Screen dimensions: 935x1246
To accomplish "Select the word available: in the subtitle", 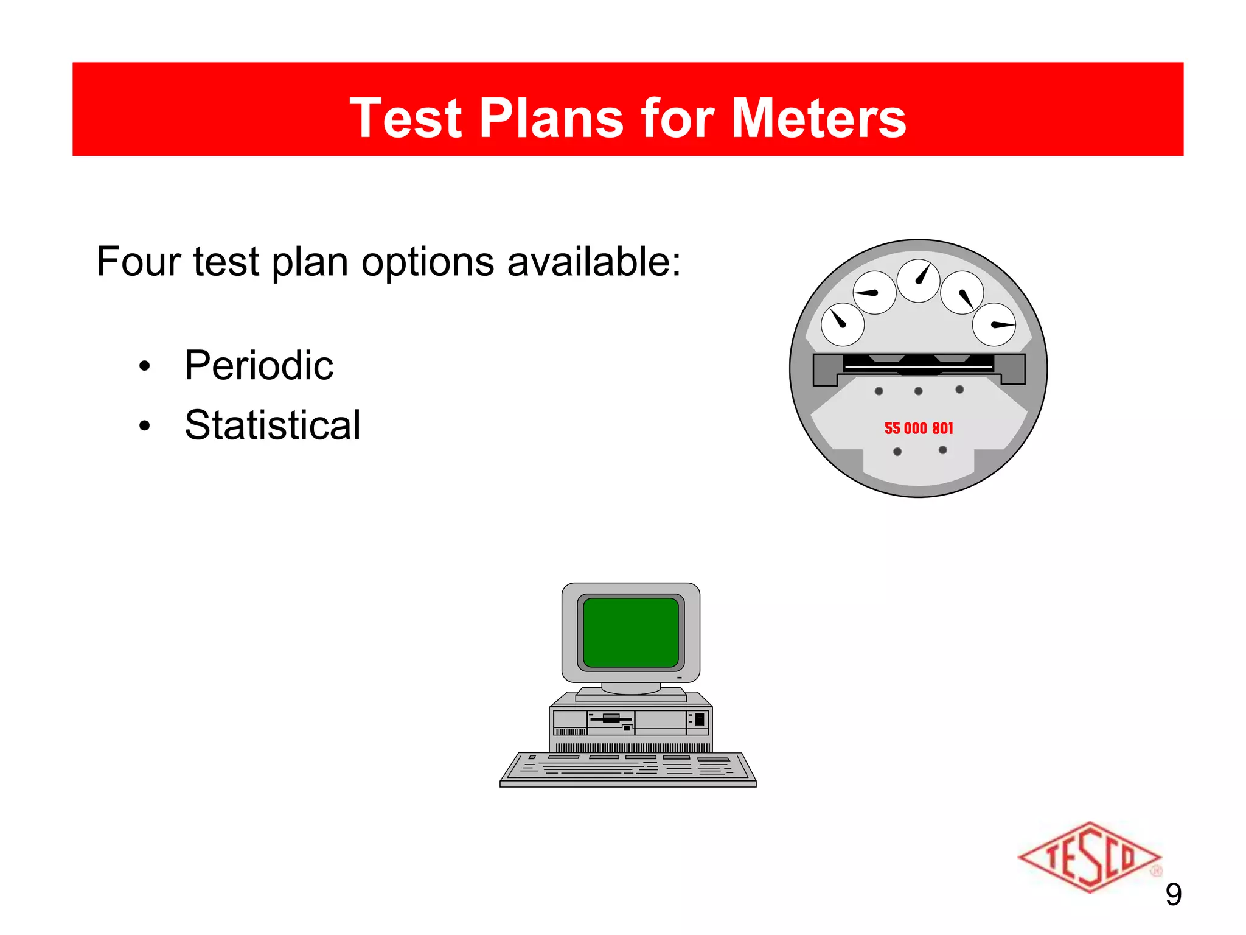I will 594,262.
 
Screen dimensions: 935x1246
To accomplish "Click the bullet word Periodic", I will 259,365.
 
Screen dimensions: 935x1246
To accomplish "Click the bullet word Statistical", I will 272,425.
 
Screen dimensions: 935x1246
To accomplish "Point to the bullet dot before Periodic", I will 144,366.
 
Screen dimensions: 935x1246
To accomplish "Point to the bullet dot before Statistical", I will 144,426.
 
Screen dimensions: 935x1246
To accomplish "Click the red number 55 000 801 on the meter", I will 919,429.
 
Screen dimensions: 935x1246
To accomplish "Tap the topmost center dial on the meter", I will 919,281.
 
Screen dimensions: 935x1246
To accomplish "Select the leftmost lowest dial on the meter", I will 843,324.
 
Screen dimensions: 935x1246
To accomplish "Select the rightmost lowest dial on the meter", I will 994,324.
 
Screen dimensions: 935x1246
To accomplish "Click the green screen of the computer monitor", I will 631,632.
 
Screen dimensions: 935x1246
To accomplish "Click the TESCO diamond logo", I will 1089,857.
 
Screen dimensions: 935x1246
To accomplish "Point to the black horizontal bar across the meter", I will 919,364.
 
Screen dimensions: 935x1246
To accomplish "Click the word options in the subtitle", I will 428,262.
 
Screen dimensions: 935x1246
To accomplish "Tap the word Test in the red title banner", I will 406,118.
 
